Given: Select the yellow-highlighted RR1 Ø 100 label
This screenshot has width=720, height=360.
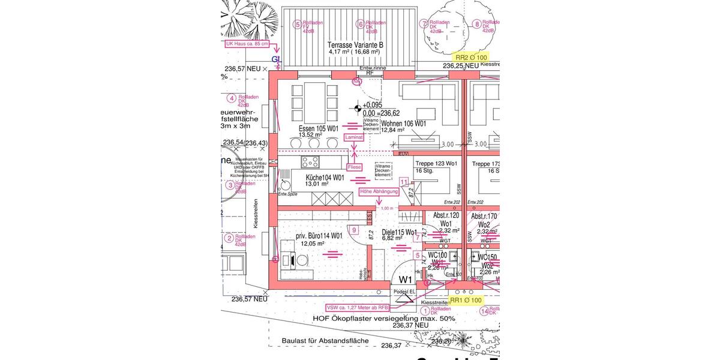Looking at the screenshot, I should click(466, 300).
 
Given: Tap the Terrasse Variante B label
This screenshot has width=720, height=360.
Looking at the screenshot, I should click(355, 45).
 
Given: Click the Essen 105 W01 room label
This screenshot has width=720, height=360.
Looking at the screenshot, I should click(319, 128).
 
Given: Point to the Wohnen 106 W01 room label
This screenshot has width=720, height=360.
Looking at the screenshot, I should click(403, 124).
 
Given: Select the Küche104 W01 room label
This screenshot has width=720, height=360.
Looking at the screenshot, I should click(325, 178).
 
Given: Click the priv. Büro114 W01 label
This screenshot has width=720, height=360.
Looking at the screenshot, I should click(318, 236).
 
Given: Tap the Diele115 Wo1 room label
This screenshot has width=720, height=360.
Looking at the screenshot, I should click(399, 232).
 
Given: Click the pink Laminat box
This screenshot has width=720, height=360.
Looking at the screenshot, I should click(354, 137).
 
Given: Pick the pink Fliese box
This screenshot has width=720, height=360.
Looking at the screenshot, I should click(354, 167).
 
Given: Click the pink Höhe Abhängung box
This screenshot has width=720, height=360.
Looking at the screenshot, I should click(378, 192).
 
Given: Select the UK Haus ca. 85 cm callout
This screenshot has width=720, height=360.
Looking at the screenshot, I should click(247, 44).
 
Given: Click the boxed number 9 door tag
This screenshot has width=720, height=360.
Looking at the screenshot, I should click(355, 230).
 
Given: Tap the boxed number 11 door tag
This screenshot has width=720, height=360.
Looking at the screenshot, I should click(404, 182).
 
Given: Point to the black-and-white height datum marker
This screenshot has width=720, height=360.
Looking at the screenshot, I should click(358, 108).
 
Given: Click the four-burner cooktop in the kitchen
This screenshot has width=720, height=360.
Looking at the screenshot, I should click(311, 161).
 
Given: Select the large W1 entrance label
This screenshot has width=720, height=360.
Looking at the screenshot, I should click(406, 280).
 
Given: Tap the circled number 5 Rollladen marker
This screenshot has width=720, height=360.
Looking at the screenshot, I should click(296, 25).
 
